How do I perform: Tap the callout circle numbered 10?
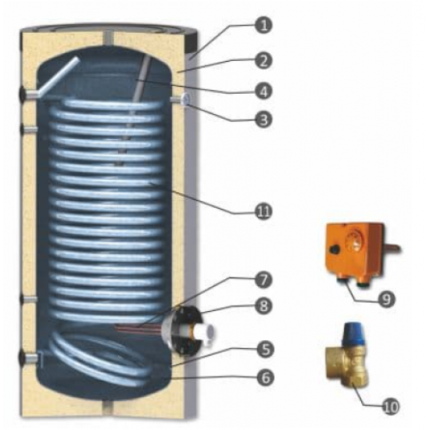[x=389, y=407]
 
